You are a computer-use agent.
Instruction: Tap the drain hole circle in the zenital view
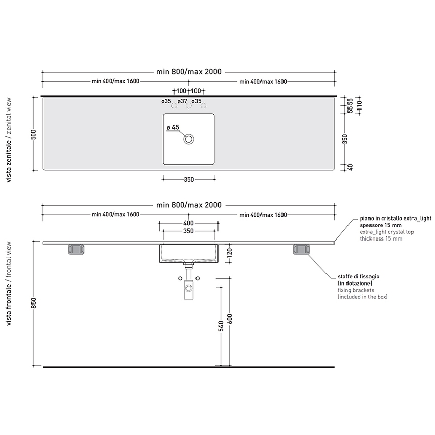(189, 138)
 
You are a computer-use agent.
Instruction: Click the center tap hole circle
(189, 106)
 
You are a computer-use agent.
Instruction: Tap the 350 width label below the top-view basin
(188, 179)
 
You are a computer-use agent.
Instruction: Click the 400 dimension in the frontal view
(188, 223)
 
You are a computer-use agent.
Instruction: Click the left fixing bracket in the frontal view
(77, 250)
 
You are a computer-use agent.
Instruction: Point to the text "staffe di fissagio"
(358, 276)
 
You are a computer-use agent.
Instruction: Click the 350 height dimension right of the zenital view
(345, 139)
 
